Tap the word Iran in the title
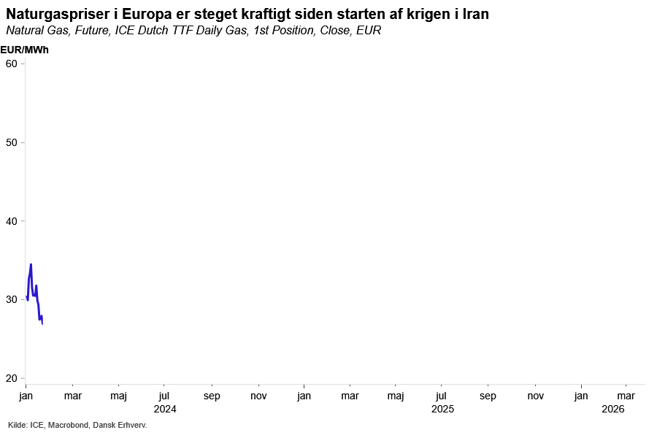coord(474,15)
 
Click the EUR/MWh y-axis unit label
coord(24,50)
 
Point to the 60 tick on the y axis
coord(11,64)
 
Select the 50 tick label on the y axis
coord(11,142)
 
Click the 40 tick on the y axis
coord(11,220)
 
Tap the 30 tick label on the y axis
coord(11,299)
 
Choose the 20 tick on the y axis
coord(11,378)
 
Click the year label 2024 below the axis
coord(165,410)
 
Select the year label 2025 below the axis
coord(442,410)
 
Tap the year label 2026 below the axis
coord(613,410)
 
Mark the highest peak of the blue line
coord(31,264)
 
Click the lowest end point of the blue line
coord(42,323)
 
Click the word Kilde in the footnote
coord(17,425)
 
